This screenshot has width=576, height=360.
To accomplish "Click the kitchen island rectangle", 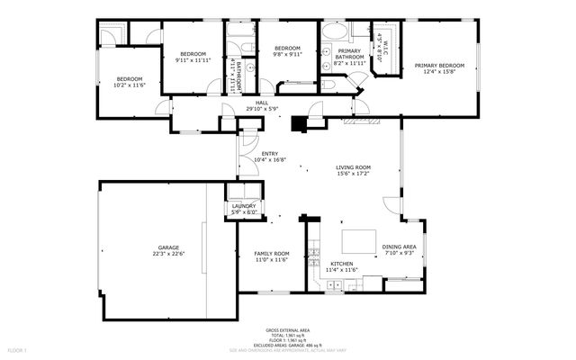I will point(359,240).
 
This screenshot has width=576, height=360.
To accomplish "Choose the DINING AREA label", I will point(399,247).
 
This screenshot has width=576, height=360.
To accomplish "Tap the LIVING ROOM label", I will point(354,167).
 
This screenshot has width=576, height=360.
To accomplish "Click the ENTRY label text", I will point(270,153).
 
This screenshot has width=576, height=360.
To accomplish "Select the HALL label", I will point(262,103).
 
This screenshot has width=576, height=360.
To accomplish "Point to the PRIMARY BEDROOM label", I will point(439,65).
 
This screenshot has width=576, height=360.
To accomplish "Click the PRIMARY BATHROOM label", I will point(349,53).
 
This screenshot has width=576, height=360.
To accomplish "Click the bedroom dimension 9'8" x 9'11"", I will point(287,54).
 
